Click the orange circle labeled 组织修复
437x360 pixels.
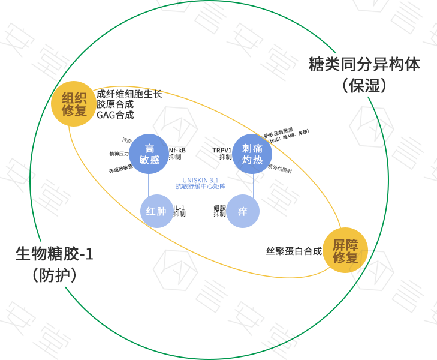(74, 103)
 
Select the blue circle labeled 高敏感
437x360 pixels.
(150, 154)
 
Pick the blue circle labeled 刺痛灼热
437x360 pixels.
(252, 154)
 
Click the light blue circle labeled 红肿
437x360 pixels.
(156, 211)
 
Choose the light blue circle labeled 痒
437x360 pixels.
(243, 211)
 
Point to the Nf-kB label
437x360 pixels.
(177, 150)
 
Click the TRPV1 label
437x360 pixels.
(222, 150)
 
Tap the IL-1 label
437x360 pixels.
(179, 208)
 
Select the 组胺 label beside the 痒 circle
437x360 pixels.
(220, 208)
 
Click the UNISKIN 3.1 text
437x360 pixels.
(201, 179)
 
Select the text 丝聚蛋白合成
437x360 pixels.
(294, 251)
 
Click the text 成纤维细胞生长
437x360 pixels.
(129, 94)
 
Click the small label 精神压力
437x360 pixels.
(119, 154)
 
